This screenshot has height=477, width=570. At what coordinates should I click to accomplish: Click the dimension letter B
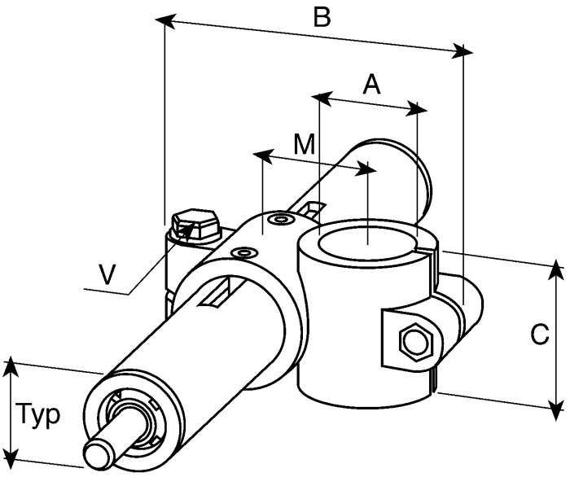[322, 17]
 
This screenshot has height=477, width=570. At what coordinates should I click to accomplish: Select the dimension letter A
[371, 84]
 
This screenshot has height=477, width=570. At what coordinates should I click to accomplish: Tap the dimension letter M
[304, 144]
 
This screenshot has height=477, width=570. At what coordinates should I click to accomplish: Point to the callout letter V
[107, 274]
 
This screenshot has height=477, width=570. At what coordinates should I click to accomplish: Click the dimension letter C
[539, 335]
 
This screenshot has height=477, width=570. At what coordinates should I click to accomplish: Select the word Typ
[38, 415]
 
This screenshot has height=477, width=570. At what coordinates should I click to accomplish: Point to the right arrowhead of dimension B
[463, 50]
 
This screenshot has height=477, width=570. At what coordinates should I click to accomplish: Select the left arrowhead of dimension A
[322, 98]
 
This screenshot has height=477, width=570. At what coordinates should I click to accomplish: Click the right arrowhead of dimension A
[416, 108]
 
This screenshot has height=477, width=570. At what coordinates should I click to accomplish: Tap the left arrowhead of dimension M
[263, 155]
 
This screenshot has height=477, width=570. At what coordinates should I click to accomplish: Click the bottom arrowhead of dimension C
[555, 409]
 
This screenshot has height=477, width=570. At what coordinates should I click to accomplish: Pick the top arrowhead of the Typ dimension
[11, 368]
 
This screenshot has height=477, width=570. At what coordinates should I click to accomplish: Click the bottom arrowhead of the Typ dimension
[12, 455]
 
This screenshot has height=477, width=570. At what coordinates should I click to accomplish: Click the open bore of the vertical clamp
[366, 243]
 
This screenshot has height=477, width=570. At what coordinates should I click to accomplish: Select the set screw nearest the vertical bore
[280, 220]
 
